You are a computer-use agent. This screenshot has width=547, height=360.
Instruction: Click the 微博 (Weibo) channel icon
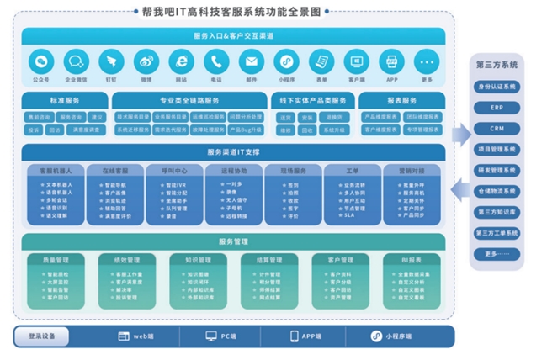tap(146, 61)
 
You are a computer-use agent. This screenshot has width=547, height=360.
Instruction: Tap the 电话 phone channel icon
tap(216, 61)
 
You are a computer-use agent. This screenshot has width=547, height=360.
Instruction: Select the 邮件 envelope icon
tap(251, 61)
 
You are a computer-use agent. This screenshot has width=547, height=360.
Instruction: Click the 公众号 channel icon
tap(41, 61)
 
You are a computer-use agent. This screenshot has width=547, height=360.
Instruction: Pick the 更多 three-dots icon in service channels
tap(427, 61)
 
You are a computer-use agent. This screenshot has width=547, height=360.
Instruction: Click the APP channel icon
tap(391, 61)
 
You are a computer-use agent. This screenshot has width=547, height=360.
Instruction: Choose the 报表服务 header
tap(400, 100)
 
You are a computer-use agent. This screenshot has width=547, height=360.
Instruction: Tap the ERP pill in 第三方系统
tap(497, 108)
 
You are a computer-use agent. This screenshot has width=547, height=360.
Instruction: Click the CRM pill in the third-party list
tap(497, 129)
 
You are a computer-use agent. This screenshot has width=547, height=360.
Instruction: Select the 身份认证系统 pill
tap(497, 87)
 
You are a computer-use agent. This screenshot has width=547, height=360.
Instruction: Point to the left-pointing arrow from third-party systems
tap(459, 191)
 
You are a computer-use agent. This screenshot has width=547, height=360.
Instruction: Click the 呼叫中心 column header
tap(174, 170)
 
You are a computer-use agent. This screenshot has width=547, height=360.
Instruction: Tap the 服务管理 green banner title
tap(233, 241)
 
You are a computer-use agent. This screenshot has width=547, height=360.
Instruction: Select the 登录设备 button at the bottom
tap(41, 336)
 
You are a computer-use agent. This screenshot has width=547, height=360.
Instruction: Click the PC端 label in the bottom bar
tap(223, 336)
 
